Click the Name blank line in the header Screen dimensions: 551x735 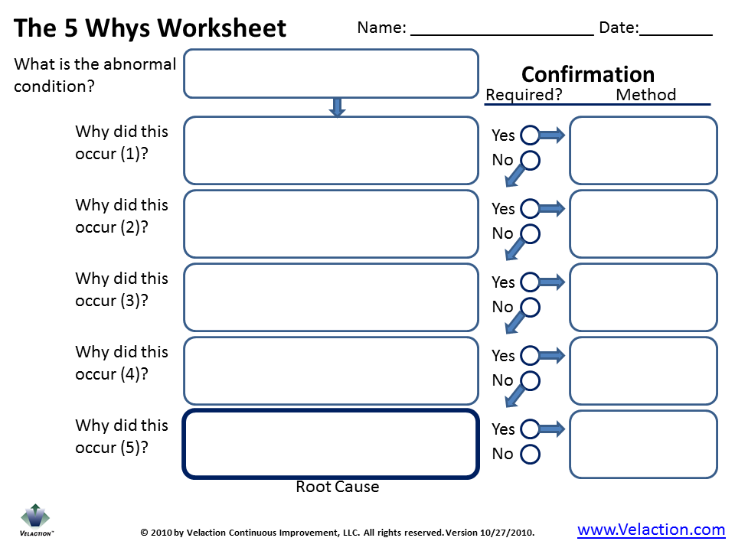(x=501, y=34)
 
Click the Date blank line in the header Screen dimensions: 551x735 (x=675, y=34)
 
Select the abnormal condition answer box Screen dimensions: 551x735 (x=331, y=73)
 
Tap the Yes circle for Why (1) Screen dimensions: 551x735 (x=530, y=135)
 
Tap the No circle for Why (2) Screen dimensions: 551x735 (x=530, y=233)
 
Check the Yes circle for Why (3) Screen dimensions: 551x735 (x=530, y=282)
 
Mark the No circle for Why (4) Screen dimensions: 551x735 (x=530, y=380)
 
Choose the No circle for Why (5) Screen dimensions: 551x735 (x=530, y=454)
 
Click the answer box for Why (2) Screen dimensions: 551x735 (x=331, y=223)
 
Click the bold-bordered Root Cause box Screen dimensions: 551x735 (x=331, y=444)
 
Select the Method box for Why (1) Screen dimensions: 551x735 (x=643, y=150)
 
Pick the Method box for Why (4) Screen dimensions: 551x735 (x=643, y=370)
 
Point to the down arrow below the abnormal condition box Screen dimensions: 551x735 (x=337, y=107)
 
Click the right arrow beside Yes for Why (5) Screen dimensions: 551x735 (x=552, y=429)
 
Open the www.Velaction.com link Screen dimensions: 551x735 (x=651, y=530)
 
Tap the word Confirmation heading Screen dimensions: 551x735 (x=588, y=74)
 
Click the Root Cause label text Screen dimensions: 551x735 (x=337, y=487)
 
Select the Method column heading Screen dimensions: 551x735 (x=645, y=95)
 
